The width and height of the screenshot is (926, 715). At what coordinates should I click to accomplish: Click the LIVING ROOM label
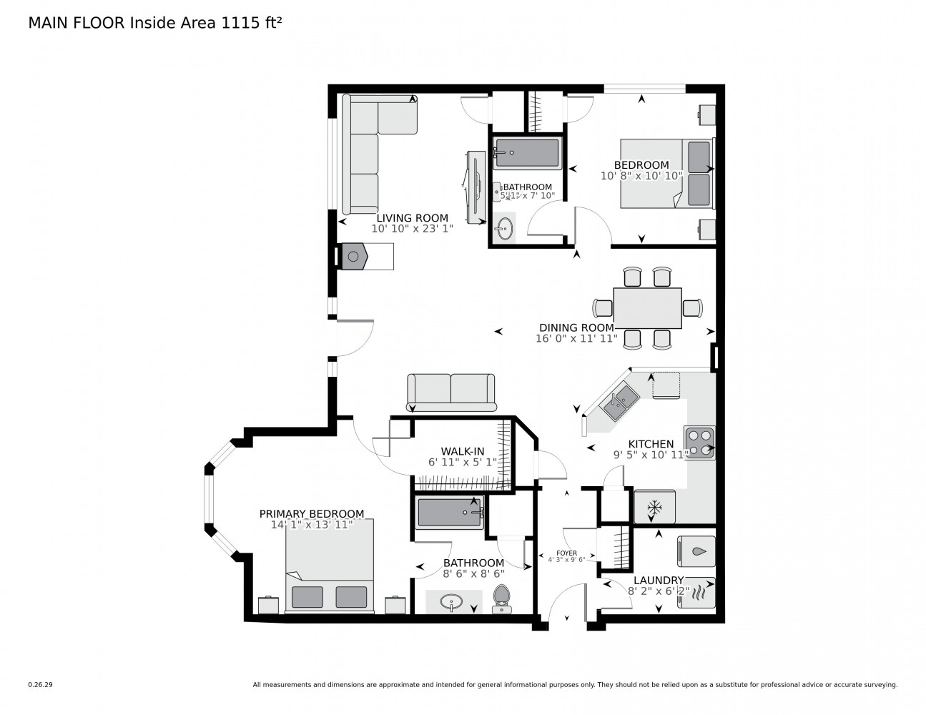pyautogui.click(x=412, y=219)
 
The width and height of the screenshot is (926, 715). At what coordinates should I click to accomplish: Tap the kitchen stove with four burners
pyautogui.click(x=700, y=443)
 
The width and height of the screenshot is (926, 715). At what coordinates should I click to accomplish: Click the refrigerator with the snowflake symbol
pyautogui.click(x=654, y=507)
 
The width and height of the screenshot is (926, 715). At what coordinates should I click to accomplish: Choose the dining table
pyautogui.click(x=647, y=307)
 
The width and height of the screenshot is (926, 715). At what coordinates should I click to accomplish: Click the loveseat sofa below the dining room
pyautogui.click(x=450, y=392)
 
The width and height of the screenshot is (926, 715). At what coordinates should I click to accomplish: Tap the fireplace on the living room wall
pyautogui.click(x=355, y=256)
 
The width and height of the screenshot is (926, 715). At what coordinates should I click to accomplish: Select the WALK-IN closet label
pyautogui.click(x=462, y=451)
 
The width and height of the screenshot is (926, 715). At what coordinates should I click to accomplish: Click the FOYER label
pyautogui.click(x=566, y=553)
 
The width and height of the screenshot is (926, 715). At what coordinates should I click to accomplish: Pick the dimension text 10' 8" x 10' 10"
pyautogui.click(x=641, y=175)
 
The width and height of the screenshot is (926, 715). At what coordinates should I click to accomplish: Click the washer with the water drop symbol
pyautogui.click(x=696, y=551)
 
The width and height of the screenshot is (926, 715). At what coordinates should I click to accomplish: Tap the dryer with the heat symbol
pyautogui.click(x=696, y=593)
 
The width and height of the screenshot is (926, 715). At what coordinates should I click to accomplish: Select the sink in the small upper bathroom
pyautogui.click(x=505, y=229)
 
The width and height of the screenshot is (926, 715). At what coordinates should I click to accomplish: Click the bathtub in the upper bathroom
pyautogui.click(x=527, y=154)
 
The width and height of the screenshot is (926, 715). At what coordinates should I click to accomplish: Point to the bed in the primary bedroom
pyautogui.click(x=330, y=566)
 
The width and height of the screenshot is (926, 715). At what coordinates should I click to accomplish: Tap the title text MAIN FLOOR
pyautogui.click(x=77, y=23)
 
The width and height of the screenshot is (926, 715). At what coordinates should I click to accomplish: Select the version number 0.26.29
pyautogui.click(x=40, y=684)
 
